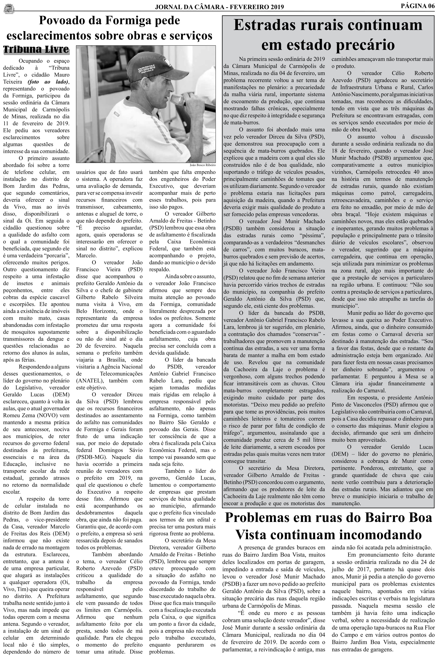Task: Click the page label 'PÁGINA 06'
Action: [x=417, y=6]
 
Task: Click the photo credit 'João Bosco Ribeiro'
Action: [x=203, y=165]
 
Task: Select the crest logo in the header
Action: [x=9, y=8]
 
